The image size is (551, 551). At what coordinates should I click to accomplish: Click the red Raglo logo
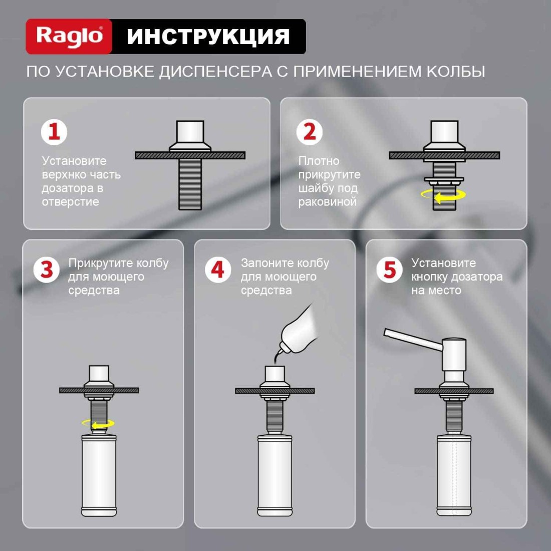point(69,36)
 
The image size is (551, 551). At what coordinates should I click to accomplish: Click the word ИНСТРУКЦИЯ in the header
point(208,36)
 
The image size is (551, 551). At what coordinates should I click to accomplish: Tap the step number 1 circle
point(54,132)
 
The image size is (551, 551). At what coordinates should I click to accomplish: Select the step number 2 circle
point(310,132)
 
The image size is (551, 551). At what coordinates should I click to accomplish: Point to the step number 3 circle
point(47,269)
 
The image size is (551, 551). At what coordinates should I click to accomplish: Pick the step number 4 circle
point(218,269)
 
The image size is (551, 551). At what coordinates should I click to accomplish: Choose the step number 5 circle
point(389,269)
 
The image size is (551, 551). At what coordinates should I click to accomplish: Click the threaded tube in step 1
point(190,184)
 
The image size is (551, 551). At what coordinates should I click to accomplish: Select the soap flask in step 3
point(99,475)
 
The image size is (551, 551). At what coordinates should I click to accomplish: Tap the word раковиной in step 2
point(327,202)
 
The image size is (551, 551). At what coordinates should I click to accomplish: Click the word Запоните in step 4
point(267,263)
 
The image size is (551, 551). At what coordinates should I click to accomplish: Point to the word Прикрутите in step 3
point(101,263)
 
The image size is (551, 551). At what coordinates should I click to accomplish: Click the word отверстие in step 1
point(70,202)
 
